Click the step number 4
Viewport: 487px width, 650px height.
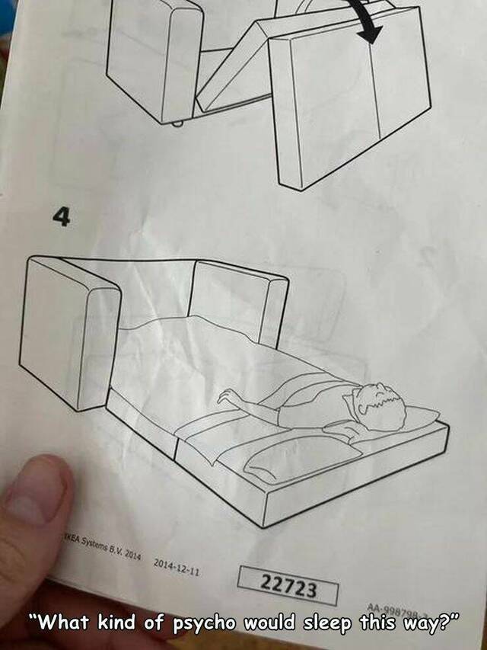61,219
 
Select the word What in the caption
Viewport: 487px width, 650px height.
65,622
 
